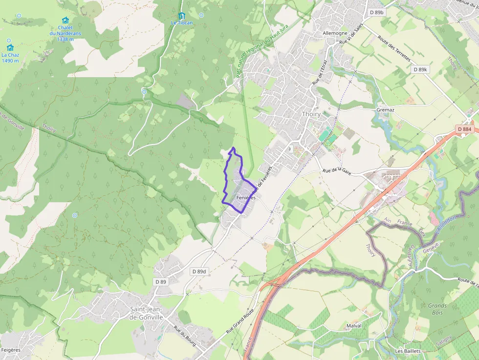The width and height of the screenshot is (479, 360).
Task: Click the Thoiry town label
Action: [311, 114]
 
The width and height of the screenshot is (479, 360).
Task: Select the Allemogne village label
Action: [335, 33]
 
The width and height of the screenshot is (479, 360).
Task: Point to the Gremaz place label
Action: [385, 110]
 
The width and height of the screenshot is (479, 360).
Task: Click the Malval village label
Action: [353, 325]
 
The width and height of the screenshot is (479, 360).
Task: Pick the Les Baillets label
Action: [408, 351]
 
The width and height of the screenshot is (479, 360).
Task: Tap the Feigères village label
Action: [11, 350]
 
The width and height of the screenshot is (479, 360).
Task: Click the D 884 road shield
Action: [465, 129]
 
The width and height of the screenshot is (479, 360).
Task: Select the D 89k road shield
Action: [420, 70]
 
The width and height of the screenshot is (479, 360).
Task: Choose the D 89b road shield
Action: [376, 12]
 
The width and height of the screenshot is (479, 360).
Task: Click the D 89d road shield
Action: [199, 271]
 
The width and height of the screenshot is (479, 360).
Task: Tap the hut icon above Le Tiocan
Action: [182, 16]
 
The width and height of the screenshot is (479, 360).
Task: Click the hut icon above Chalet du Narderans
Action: [65, 20]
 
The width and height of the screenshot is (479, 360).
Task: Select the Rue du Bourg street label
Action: [185, 336]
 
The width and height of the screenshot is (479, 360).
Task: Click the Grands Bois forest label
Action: [437, 309]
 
